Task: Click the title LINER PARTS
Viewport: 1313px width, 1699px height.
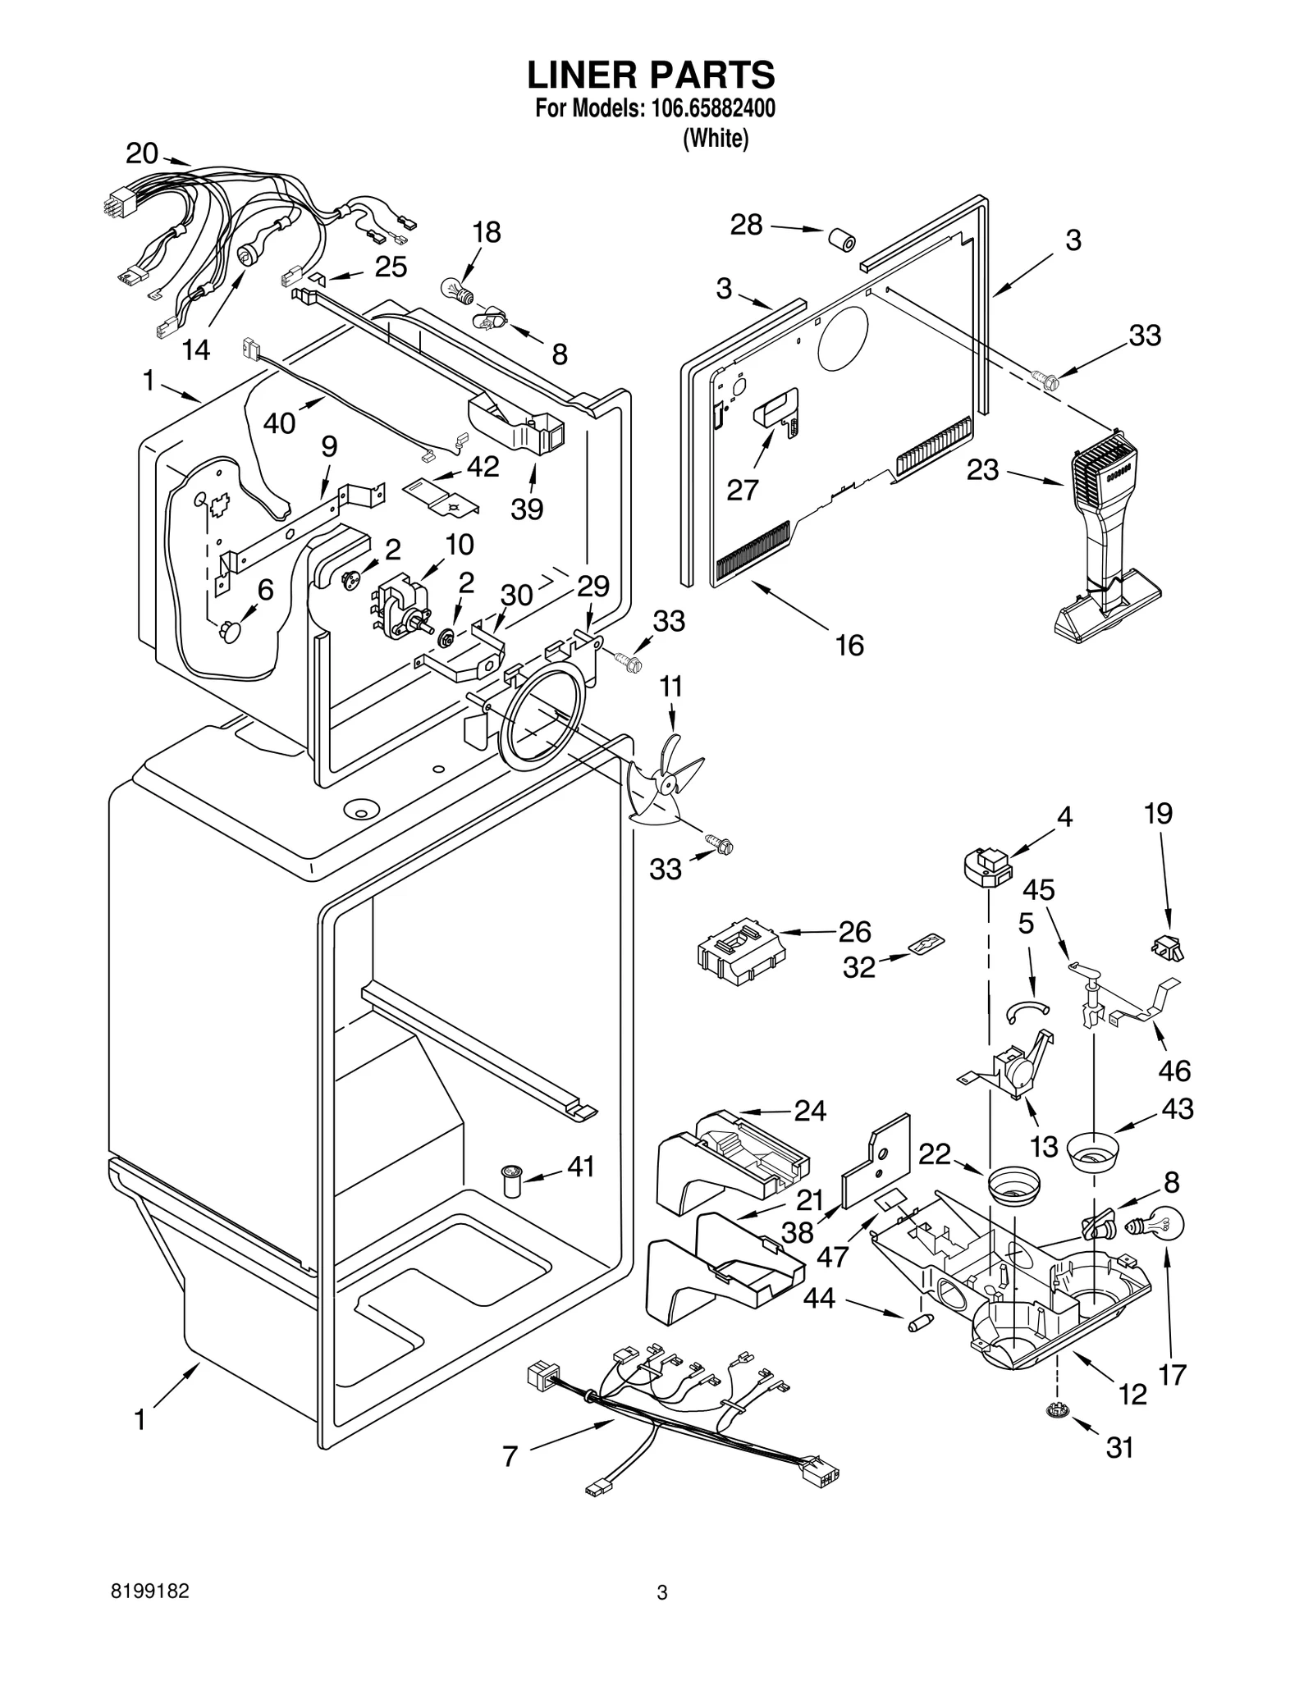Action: (650, 75)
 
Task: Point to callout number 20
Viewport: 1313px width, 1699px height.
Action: (141, 153)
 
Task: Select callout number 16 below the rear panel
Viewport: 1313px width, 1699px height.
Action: (849, 646)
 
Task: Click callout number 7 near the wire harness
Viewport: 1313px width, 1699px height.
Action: (510, 1456)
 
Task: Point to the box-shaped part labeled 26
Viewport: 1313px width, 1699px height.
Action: (739, 950)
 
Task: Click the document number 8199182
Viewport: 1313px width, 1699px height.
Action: (150, 1592)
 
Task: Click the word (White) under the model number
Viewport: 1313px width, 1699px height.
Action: (716, 139)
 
